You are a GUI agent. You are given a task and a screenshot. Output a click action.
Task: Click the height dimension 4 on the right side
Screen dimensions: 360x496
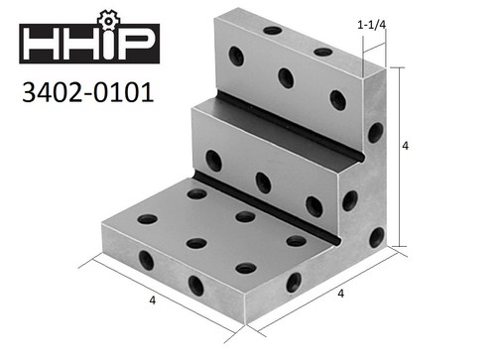pos(406,145)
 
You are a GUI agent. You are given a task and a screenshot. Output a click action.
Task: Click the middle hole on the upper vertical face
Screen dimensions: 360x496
pos(287,76)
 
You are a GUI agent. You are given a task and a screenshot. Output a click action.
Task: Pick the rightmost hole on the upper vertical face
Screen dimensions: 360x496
pos(338,99)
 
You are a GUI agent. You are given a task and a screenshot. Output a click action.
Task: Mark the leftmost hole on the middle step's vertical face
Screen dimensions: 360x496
pos(213,159)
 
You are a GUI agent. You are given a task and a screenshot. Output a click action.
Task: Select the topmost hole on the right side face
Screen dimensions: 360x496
pos(375,132)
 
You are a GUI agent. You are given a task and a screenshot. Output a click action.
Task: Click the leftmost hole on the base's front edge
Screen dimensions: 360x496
pos(146,262)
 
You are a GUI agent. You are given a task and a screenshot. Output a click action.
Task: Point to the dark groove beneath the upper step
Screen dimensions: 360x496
pos(278,129)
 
